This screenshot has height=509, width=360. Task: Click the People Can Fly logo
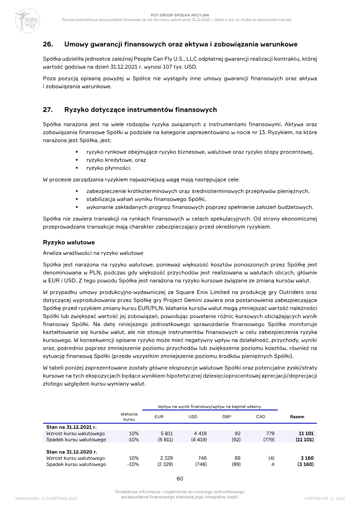pyautogui.click(x=27, y=20)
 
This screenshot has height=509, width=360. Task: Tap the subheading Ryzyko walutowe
pyautogui.click(x=68, y=242)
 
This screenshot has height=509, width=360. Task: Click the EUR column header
pyautogui.click(x=159, y=416)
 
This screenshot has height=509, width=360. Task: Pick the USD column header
pyautogui.click(x=193, y=416)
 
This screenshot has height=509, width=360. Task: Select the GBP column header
pyautogui.click(x=227, y=416)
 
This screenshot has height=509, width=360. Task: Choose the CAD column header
pyautogui.click(x=261, y=416)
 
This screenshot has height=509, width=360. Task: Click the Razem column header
pyautogui.click(x=297, y=416)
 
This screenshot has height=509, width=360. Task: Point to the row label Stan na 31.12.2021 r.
pyautogui.click(x=72, y=426)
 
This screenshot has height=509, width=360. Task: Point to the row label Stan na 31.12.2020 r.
pyautogui.click(x=72, y=451)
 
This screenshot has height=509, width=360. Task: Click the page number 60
pyautogui.click(x=180, y=478)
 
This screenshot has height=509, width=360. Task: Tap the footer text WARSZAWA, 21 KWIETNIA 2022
pyautogui.click(x=46, y=499)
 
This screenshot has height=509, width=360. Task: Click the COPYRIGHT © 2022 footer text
pyautogui.click(x=324, y=499)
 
